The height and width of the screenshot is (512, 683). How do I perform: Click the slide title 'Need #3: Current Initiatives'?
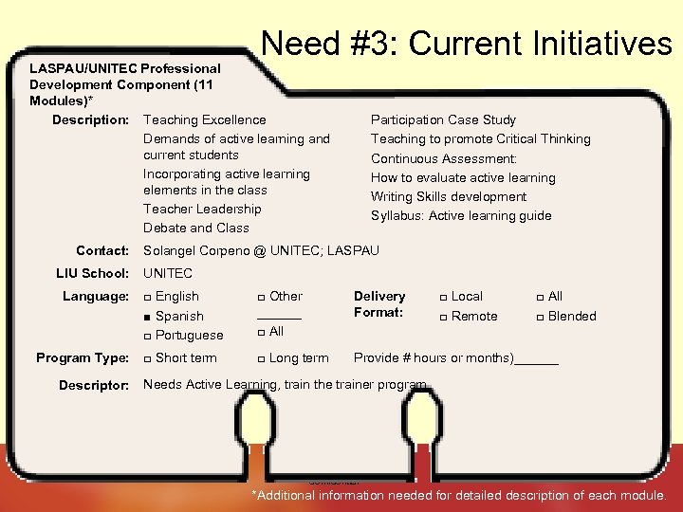(x=466, y=44)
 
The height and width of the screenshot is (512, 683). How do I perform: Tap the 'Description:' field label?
(x=90, y=119)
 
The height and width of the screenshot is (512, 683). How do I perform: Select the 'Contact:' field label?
(x=102, y=250)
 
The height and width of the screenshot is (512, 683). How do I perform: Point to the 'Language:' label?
(x=96, y=297)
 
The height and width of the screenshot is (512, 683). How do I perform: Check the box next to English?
(x=147, y=298)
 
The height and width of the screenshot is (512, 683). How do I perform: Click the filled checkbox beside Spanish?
(x=147, y=317)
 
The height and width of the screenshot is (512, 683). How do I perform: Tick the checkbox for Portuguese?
(x=147, y=337)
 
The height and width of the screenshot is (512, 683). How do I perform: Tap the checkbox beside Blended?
(x=541, y=317)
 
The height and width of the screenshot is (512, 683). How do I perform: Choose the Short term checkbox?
(x=147, y=358)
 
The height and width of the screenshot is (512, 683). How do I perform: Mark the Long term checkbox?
(x=261, y=358)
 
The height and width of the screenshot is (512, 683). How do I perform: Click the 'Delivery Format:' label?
(x=379, y=304)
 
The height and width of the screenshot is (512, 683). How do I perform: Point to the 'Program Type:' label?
(x=83, y=357)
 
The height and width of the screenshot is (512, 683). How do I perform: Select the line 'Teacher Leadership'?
(x=202, y=209)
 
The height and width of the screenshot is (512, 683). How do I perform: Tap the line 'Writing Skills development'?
(x=449, y=196)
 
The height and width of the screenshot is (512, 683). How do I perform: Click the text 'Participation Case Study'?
(x=443, y=119)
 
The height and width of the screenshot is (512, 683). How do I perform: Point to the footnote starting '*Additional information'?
(x=459, y=495)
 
